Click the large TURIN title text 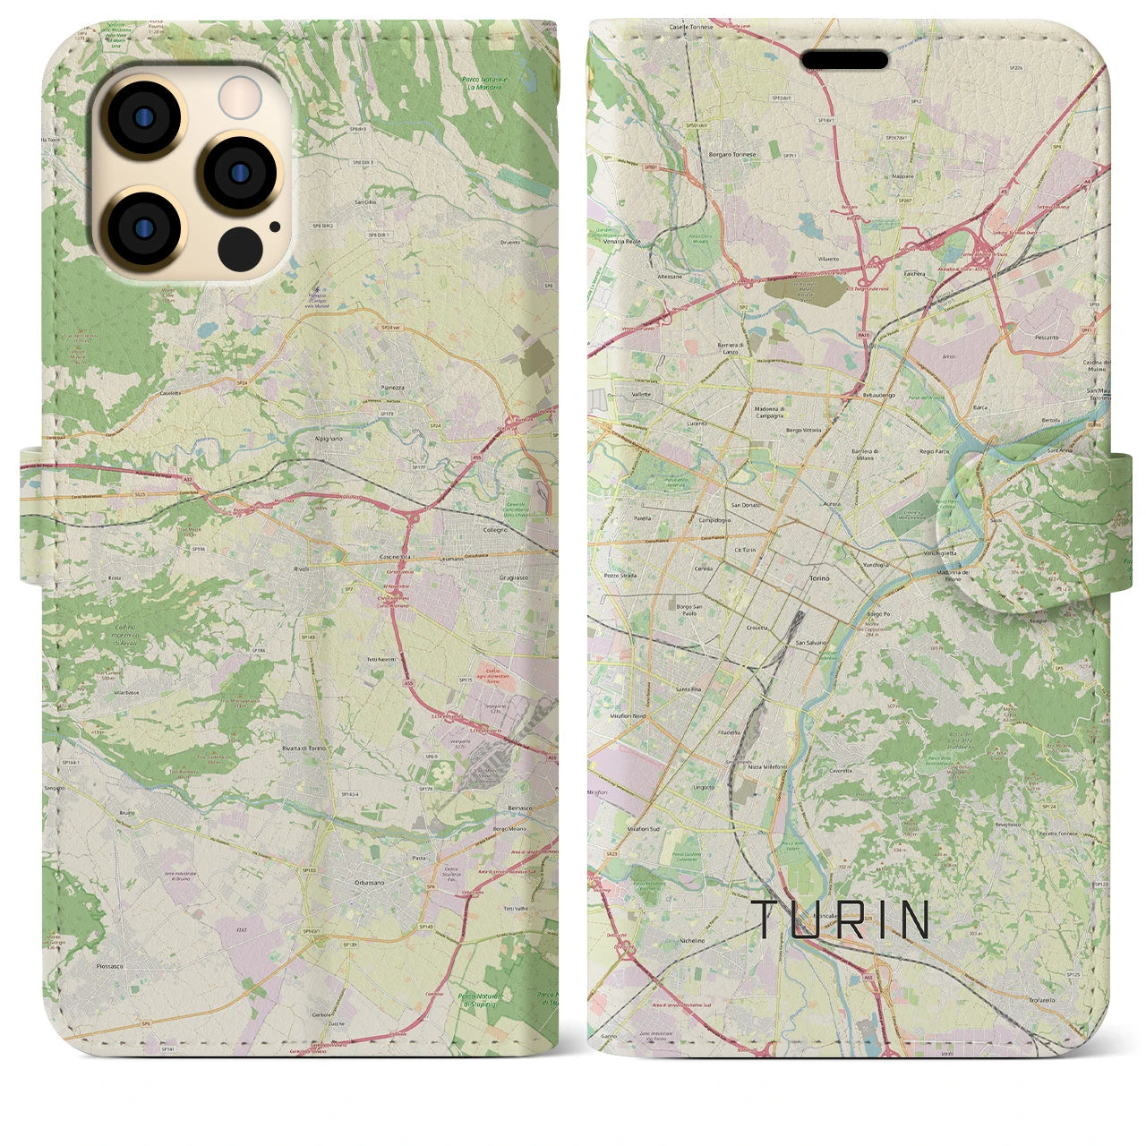[x=841, y=919]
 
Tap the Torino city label [x=820, y=579]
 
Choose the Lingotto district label [x=704, y=788]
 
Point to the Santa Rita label [x=688, y=688]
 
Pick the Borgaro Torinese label [x=732, y=154]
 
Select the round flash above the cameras [x=239, y=94]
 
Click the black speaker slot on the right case [x=844, y=60]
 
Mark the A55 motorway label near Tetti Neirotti [x=408, y=683]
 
